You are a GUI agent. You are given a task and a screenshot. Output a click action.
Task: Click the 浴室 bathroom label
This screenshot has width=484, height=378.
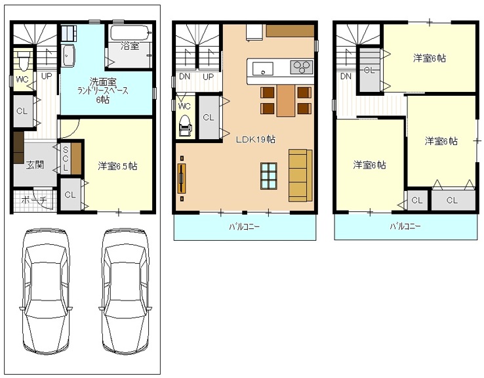[x=130, y=47]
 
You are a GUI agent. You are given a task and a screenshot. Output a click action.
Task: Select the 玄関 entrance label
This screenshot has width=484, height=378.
[x=35, y=165]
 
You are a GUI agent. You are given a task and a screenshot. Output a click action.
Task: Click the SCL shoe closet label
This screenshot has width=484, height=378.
[x=66, y=159]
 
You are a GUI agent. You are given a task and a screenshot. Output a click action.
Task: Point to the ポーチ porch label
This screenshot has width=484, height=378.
[x=34, y=200]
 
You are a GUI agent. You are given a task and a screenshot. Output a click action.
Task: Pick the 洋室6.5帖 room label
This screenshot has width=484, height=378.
[x=117, y=166]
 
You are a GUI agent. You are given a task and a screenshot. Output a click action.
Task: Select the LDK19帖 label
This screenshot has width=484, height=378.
[x=256, y=139]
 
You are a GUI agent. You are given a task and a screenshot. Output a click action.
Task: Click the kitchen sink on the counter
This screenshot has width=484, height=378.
[x=263, y=68]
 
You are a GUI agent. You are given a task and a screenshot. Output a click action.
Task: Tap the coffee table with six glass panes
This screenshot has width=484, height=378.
[x=269, y=176]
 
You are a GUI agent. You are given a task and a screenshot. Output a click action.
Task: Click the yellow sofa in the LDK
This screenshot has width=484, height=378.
[x=300, y=175]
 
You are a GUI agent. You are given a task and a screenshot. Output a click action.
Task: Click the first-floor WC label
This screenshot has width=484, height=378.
[x=22, y=79]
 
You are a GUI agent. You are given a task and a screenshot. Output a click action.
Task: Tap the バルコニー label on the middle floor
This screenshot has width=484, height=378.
[x=244, y=227]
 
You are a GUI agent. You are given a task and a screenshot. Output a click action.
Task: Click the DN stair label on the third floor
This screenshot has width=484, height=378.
[x=346, y=76]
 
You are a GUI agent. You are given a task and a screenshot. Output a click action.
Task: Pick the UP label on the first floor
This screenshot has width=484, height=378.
[x=47, y=76]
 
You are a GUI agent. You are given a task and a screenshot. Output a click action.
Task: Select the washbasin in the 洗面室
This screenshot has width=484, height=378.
[x=68, y=55]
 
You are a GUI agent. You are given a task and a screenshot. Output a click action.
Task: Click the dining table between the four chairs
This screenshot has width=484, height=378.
[x=285, y=100]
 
